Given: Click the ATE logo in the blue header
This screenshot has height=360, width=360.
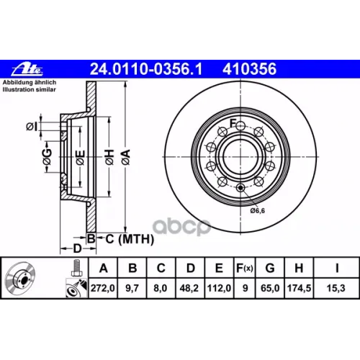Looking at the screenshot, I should click(27, 70).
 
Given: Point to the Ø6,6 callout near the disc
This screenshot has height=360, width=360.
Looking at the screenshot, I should click(259, 210).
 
